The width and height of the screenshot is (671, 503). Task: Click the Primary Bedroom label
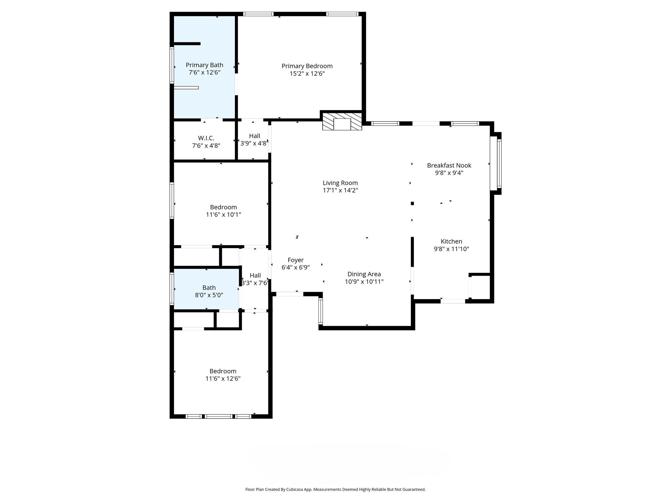coord(307,66)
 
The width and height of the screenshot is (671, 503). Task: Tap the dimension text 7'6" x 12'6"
coord(204,73)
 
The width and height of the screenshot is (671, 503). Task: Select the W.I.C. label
coord(206,138)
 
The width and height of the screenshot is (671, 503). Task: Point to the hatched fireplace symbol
coord(342,121)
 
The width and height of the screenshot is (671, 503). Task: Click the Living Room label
coord(340,183)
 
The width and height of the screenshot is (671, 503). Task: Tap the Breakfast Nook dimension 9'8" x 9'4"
coord(449,173)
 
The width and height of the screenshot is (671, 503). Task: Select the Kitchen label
coord(451,242)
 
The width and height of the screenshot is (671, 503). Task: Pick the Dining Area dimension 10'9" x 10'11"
coord(364,282)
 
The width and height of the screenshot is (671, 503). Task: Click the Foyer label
coord(296,260)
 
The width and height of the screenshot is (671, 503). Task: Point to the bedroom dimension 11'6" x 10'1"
coord(223,215)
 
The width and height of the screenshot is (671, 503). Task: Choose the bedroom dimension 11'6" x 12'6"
coord(223,379)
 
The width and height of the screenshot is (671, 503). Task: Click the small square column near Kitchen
coord(412,203)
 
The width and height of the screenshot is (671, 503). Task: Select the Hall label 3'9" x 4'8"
coord(255,136)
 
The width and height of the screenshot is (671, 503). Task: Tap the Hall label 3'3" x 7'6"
coord(255,276)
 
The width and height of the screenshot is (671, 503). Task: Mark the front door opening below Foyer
coord(290,294)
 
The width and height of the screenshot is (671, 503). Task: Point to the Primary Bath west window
coord(171,65)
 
